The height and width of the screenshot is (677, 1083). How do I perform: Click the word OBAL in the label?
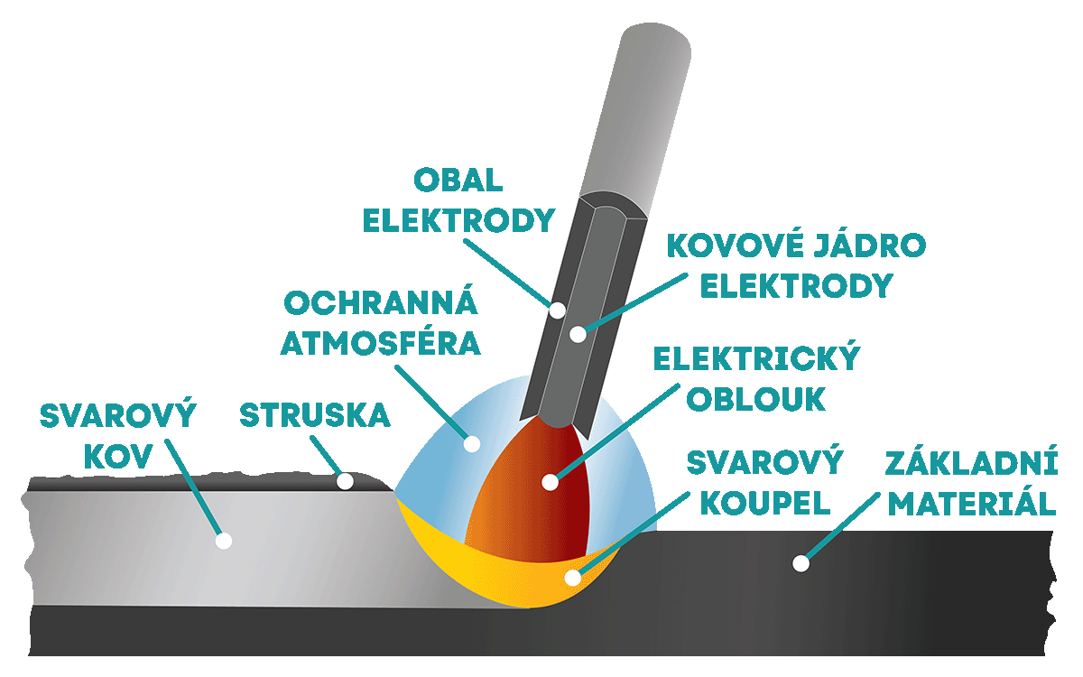458,181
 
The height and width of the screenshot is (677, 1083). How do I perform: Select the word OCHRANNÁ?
380,303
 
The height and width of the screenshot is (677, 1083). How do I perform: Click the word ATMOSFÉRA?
380,344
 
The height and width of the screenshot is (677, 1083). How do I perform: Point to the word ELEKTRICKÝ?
754,360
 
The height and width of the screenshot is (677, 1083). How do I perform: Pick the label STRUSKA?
314,416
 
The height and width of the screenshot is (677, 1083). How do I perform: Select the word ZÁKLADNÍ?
971,464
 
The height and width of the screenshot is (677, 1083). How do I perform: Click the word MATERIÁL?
971,504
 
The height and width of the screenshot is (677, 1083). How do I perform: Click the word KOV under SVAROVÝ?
119,457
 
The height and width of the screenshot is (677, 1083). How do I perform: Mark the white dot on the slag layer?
345,481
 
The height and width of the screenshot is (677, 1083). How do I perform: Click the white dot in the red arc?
550,482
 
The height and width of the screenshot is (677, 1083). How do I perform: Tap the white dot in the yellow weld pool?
571,577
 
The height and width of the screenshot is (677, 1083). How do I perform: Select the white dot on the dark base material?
800,563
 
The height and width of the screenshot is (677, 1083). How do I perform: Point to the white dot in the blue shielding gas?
470,443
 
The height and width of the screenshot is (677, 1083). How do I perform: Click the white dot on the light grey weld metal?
224,541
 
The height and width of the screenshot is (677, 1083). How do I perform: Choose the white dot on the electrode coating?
558,310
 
